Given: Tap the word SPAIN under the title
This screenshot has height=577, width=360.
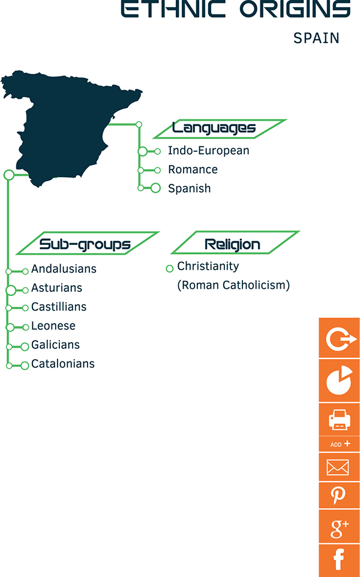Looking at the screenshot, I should [x=316, y=38].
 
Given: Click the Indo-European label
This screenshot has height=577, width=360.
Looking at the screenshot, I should [x=208, y=151].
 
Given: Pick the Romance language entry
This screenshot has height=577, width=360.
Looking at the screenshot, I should [x=193, y=169].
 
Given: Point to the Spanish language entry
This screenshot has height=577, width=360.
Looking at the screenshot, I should [x=190, y=188].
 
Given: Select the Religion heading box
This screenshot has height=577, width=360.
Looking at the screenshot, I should [x=232, y=244].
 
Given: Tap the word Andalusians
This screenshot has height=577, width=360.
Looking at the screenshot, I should [x=64, y=269].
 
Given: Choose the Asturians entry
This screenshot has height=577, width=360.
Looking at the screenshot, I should [x=57, y=288].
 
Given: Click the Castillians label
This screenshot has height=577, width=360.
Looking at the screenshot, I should [x=59, y=307].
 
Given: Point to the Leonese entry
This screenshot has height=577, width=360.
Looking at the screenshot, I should [x=53, y=326].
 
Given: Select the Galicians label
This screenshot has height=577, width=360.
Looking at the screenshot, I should [x=56, y=345].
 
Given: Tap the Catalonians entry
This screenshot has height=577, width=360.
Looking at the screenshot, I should [x=63, y=364].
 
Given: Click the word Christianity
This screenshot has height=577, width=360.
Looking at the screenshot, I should [x=208, y=266].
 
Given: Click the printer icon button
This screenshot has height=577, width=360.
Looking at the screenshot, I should [x=339, y=418].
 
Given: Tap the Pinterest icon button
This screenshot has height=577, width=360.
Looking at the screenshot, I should [x=339, y=495].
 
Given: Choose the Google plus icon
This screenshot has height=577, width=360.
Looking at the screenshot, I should [x=339, y=528].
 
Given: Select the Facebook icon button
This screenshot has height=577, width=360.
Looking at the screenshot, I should [x=339, y=560].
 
